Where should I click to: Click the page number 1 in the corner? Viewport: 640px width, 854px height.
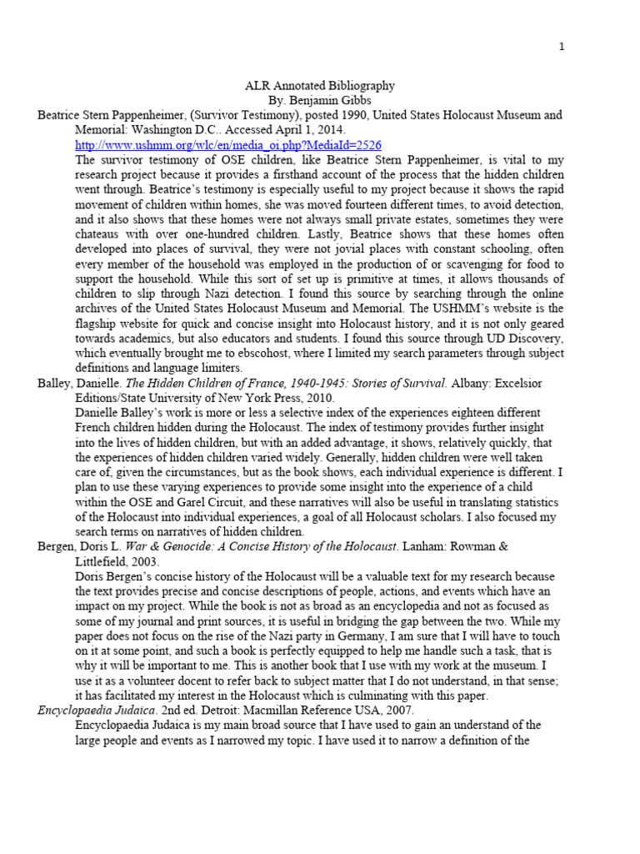[562, 47]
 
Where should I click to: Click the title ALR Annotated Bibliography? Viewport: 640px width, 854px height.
[319, 86]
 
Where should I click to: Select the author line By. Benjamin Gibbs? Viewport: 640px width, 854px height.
[319, 100]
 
